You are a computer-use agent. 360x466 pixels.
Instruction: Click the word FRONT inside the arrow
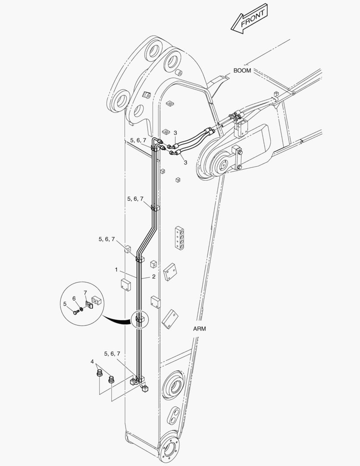(x=252, y=19)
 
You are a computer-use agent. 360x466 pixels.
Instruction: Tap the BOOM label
(x=242, y=70)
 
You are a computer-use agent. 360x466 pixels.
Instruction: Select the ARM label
(x=199, y=329)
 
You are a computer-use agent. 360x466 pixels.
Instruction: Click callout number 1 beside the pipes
(x=116, y=270)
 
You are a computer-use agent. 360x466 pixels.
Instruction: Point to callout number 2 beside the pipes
(x=153, y=277)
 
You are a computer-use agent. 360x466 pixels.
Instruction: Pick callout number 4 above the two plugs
(x=92, y=362)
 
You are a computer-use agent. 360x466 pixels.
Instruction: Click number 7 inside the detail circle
(x=85, y=293)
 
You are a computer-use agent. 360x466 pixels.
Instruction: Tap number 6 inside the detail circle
(x=74, y=299)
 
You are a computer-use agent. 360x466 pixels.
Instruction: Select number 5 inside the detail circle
(x=65, y=304)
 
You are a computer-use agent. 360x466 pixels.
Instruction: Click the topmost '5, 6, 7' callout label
(x=138, y=140)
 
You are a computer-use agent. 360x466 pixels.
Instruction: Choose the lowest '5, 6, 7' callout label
(x=112, y=354)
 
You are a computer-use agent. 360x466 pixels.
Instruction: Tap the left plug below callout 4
(x=100, y=373)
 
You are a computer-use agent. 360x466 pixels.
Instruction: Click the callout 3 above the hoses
(x=175, y=133)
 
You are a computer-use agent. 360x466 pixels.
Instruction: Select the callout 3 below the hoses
(x=185, y=163)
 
